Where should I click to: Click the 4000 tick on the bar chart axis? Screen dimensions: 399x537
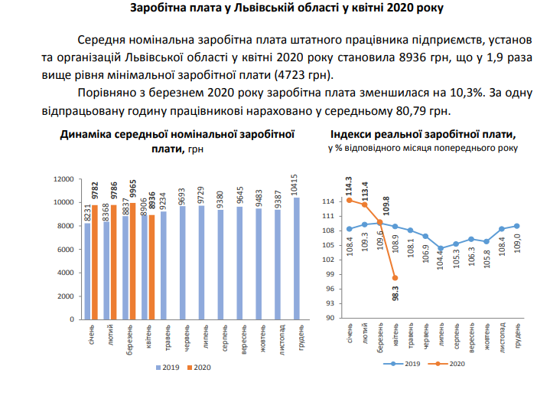tap(64, 273)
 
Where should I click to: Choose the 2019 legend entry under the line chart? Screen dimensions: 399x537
tap(408, 365)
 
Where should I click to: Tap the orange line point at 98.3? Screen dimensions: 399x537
tap(395, 278)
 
